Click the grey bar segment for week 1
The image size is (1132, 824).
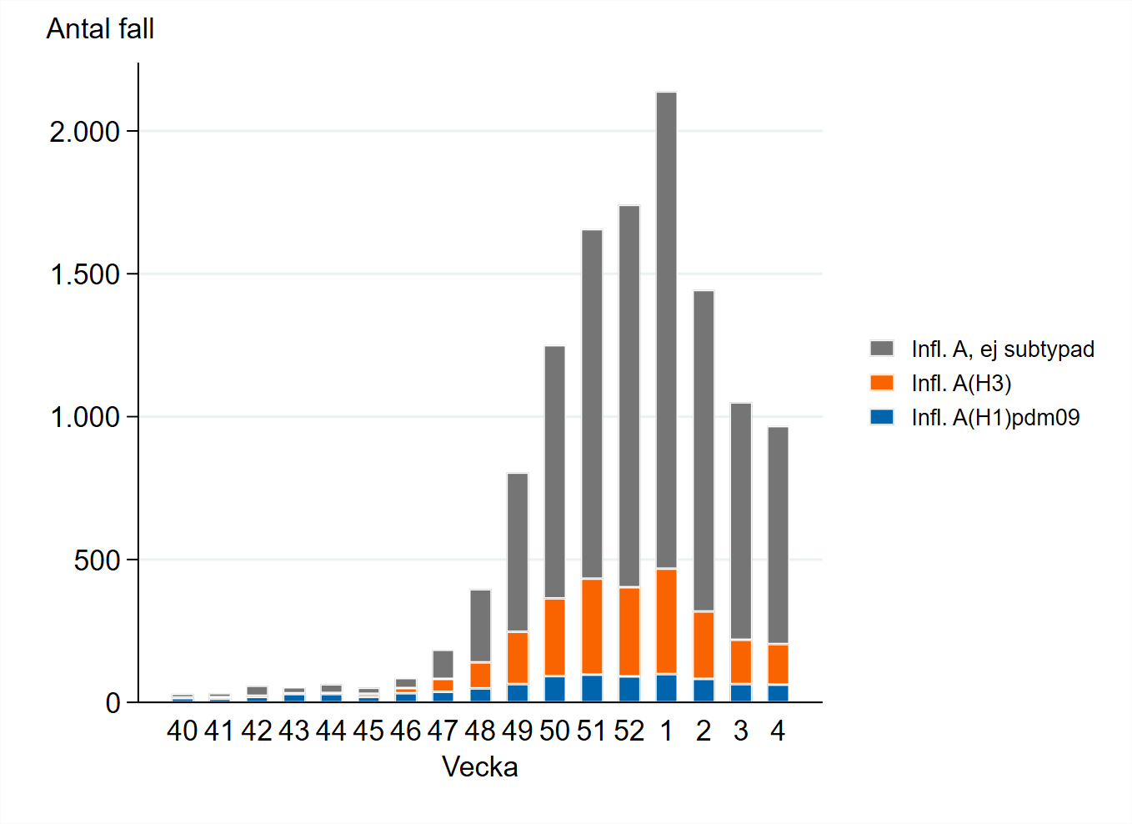pos(666,330)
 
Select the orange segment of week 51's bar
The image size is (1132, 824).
pos(592,626)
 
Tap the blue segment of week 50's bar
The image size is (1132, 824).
pos(554,689)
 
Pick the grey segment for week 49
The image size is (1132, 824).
pos(518,552)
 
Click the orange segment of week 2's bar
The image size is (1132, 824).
pos(704,646)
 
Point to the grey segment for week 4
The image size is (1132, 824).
pos(778,535)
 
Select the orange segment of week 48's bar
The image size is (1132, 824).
pos(480,676)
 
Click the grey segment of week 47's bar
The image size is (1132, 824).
pos(443,665)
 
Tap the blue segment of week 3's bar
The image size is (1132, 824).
pos(741,693)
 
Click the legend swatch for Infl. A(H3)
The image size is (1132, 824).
pos(882,383)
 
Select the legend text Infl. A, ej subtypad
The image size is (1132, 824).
pos(1002,349)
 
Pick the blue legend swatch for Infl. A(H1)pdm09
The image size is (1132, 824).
pos(882,417)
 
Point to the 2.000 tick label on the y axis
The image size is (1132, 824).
pos(85,132)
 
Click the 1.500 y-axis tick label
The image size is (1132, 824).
pos(85,274)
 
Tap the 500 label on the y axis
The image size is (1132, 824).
pos(97,560)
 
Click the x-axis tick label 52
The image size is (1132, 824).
pos(629,731)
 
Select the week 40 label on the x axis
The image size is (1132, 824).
pos(182,731)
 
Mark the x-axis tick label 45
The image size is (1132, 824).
pos(368,731)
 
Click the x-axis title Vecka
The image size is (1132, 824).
pos(480,767)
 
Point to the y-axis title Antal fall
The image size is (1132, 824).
pos(100,29)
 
